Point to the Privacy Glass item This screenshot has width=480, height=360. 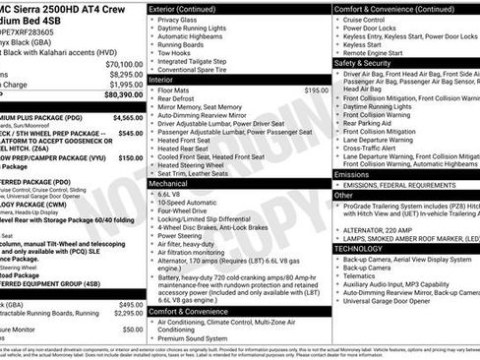tap(177, 20)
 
